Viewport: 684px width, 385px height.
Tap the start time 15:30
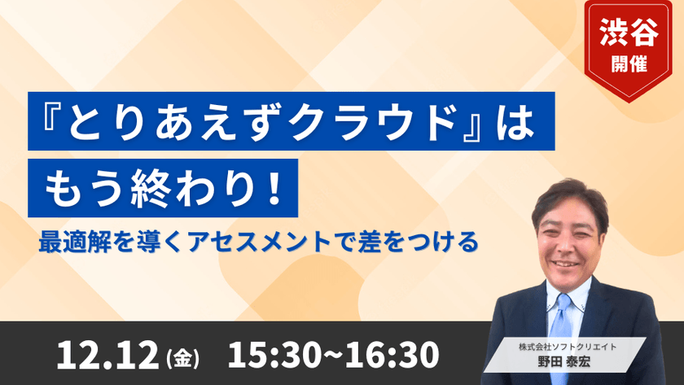pos(269,354)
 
